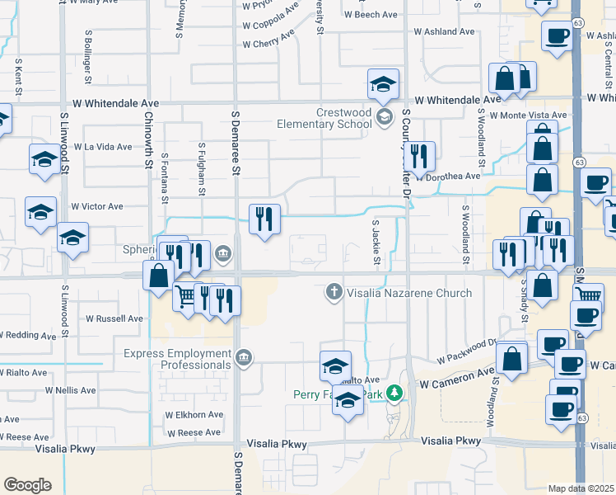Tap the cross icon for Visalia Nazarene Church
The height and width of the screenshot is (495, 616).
coord(334,291)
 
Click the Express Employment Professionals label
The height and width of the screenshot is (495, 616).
coord(177,359)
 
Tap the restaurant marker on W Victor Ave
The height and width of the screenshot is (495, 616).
coord(264,219)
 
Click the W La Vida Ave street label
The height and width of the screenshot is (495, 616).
coord(102,147)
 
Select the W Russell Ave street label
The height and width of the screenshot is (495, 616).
coord(114,318)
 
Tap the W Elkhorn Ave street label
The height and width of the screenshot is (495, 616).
coord(194,415)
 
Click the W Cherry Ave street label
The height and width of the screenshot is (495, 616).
coord(268,43)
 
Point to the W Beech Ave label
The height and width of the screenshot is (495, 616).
coord(371,15)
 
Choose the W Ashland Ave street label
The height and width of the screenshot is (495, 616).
coord(445,31)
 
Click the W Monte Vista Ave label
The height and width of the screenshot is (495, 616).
coord(528,115)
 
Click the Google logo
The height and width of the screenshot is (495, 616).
coord(27,485)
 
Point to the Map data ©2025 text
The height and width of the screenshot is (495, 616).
coord(581,488)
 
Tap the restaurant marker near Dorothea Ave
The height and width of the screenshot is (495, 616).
coord(421,157)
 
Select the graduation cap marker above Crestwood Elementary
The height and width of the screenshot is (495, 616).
coord(382,84)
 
